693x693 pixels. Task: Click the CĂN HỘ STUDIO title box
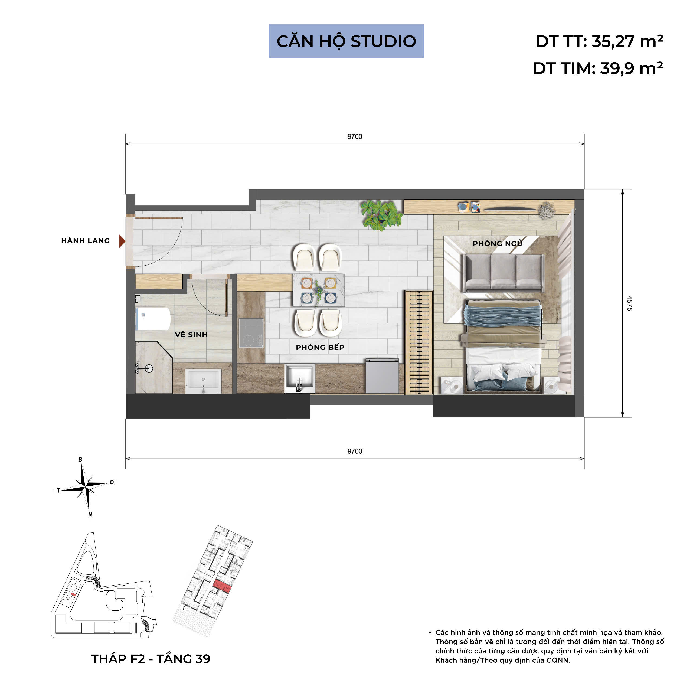[346, 41]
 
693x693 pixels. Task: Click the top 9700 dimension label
[354, 137]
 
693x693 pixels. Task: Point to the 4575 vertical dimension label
[629, 303]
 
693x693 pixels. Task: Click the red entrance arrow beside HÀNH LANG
[122, 241]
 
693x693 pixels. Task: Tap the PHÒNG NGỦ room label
[497, 244]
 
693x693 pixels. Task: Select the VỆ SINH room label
[191, 335]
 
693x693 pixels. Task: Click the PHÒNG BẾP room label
[320, 347]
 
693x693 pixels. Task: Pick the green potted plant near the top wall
[381, 215]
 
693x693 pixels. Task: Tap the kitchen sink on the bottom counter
[300, 378]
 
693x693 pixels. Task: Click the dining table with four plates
[319, 290]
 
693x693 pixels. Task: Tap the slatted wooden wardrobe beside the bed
[419, 342]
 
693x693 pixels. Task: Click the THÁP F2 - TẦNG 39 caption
[151, 659]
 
